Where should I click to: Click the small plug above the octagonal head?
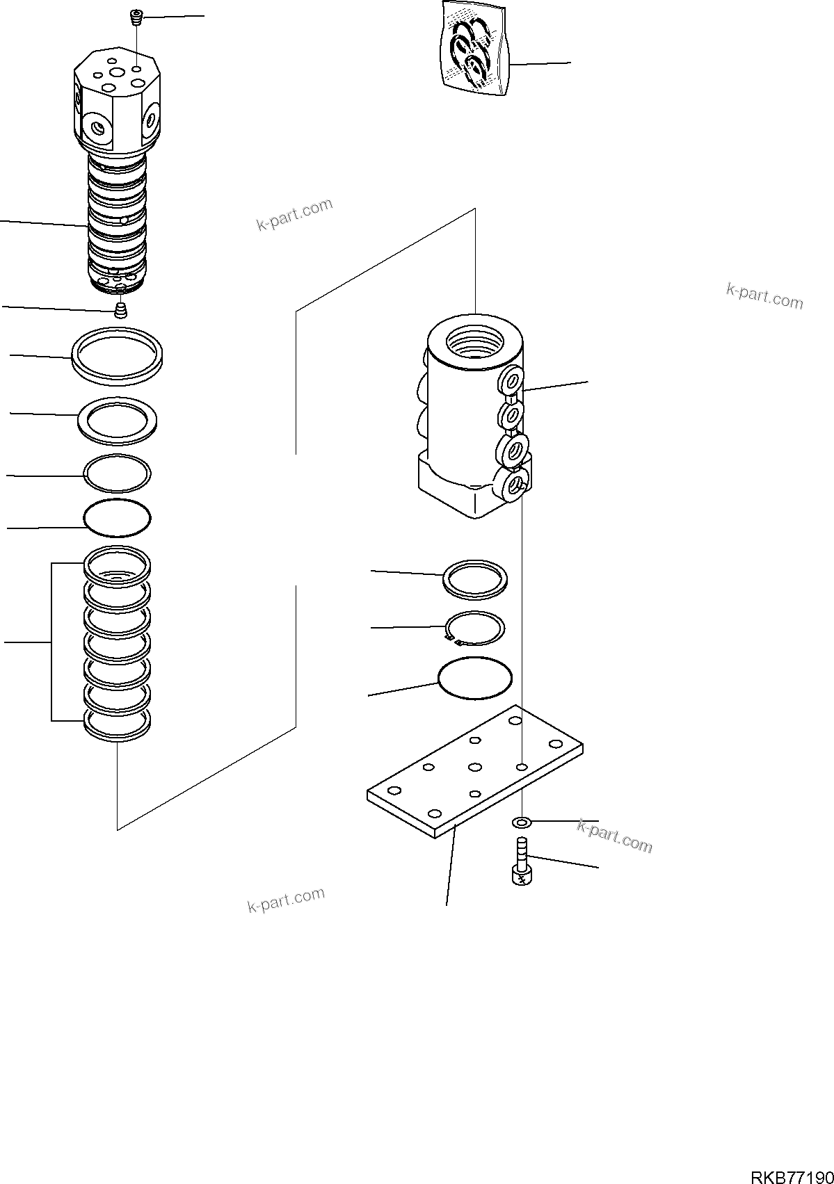tap(136, 17)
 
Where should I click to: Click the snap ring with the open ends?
tap(475, 629)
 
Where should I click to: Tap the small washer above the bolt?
tap(521, 823)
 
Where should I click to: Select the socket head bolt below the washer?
tap(522, 862)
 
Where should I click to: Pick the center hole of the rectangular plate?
tap(475, 768)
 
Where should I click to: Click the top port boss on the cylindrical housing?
tap(512, 380)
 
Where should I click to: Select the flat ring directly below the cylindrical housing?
tap(475, 578)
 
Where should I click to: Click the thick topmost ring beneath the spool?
tap(118, 355)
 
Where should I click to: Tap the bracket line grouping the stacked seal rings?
tap(52, 641)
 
